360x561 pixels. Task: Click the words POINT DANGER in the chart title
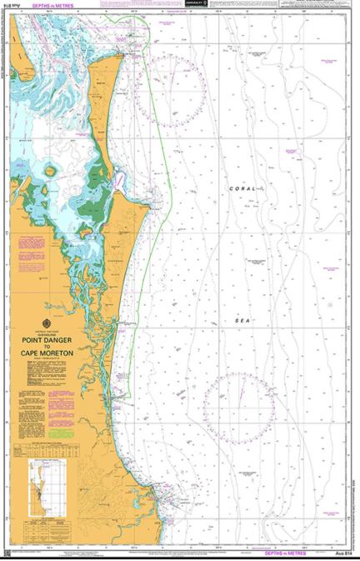[53, 340]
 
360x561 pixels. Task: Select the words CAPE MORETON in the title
[53, 353]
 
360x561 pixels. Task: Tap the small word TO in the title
[53, 347]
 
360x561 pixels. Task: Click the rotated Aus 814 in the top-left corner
[5, 25]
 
